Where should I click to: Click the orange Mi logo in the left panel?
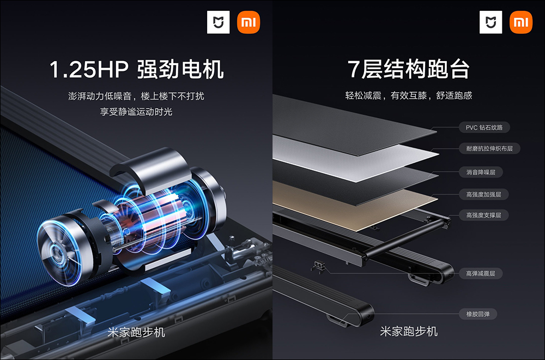click(x=248, y=22)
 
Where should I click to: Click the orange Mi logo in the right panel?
click(x=520, y=22)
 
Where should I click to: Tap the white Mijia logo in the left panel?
click(x=219, y=22)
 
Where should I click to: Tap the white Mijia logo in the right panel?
click(x=491, y=22)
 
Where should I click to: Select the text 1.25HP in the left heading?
click(x=89, y=69)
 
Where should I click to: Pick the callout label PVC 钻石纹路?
click(x=484, y=127)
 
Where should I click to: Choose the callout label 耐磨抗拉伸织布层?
click(x=489, y=148)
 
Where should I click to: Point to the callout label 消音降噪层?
click(x=481, y=172)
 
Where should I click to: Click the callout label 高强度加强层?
click(x=483, y=194)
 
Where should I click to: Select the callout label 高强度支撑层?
click(x=483, y=215)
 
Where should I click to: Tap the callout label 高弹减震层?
click(x=481, y=273)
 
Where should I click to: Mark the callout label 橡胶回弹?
click(x=478, y=314)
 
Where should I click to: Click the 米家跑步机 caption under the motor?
click(x=136, y=332)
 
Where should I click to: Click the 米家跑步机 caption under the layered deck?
click(x=409, y=331)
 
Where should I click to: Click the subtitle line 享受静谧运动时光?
click(x=136, y=112)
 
